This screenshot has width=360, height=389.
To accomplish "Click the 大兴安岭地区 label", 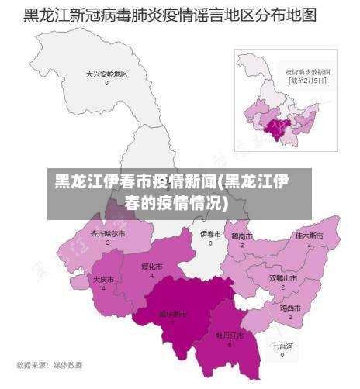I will (x=107, y=74).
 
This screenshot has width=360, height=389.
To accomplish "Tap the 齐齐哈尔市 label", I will (x=107, y=232).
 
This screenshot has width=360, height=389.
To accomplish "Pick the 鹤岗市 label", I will (x=242, y=235).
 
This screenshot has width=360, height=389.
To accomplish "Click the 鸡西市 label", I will (x=290, y=308).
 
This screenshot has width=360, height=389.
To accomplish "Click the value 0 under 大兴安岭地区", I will (x=107, y=83).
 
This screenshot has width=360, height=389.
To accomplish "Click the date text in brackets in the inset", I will (x=308, y=79).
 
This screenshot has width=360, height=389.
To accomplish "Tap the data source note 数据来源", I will (x=49, y=364).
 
